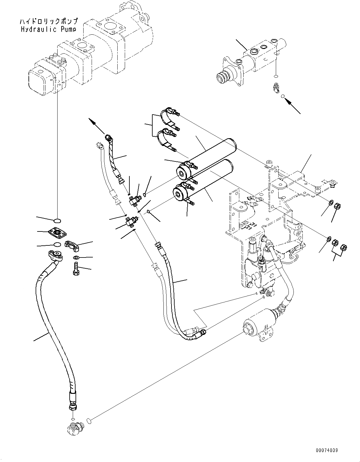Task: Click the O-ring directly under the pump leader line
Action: [57, 221]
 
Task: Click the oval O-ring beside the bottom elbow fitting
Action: [89, 421]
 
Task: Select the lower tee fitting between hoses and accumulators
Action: [132, 221]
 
